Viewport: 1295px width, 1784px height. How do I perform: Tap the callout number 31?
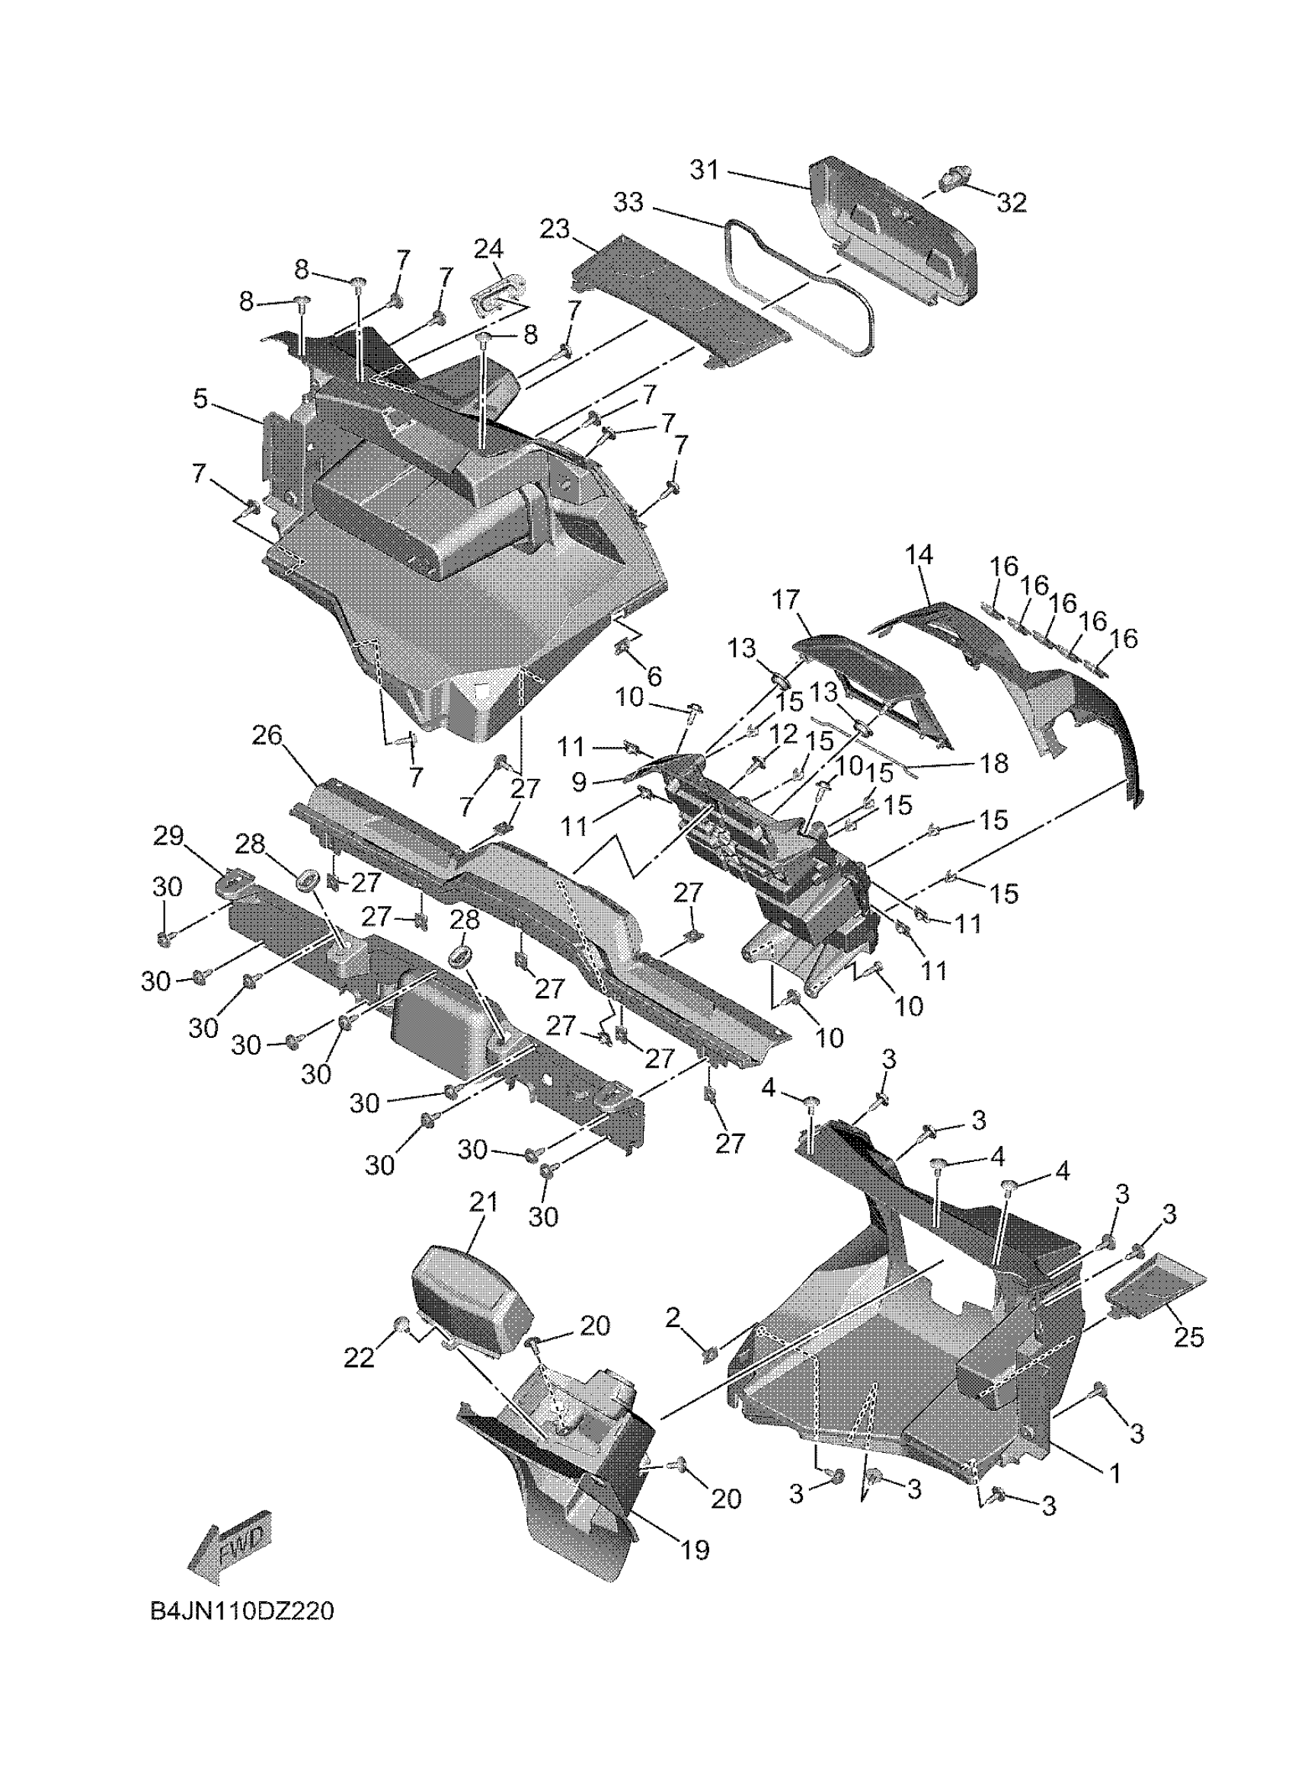[x=705, y=170]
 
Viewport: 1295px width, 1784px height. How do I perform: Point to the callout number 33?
[x=628, y=203]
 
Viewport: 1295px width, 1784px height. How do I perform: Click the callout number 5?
[x=200, y=399]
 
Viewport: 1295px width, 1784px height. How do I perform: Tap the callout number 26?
[x=267, y=736]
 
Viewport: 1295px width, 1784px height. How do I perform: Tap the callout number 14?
[x=919, y=555]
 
